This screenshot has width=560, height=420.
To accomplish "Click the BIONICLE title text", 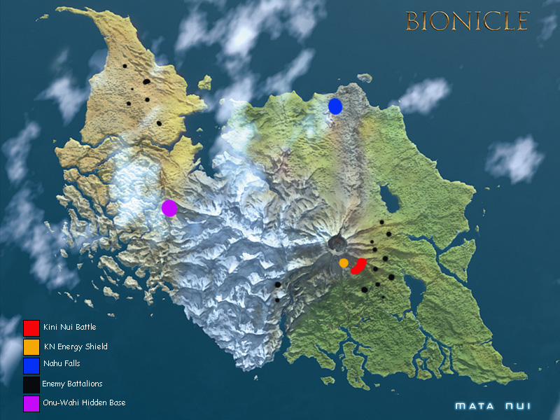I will tap(467, 20).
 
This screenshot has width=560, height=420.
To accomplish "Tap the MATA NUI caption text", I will tap(489, 405).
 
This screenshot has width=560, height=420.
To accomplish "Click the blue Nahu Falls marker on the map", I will tap(335, 106).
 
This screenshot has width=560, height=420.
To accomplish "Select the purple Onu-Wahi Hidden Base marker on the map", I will tap(169, 208).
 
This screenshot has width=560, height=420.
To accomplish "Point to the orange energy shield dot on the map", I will tap(344, 262).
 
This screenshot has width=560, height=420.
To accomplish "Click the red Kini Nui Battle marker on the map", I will tap(360, 265).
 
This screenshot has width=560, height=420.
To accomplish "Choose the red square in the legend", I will tap(31, 328).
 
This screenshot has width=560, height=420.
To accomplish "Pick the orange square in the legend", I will tap(31, 346).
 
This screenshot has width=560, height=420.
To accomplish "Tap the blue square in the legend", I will tap(31, 365).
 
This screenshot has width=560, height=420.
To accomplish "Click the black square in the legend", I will tap(31, 384).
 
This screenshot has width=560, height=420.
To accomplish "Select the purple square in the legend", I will tap(31, 403).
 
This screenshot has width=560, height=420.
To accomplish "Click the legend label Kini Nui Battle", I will tap(69, 327).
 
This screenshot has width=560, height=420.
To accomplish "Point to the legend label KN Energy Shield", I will tap(75, 346).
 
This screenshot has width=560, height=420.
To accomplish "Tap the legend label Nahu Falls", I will tap(62, 363).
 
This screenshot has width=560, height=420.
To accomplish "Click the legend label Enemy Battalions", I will tap(72, 384).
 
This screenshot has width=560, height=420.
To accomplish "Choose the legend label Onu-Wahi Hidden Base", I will tap(84, 402).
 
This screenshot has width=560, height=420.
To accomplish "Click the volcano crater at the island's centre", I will tap(338, 244).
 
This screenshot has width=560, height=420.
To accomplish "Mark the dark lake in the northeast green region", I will tap(388, 200).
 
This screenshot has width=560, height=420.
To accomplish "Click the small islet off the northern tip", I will tap(204, 83).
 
